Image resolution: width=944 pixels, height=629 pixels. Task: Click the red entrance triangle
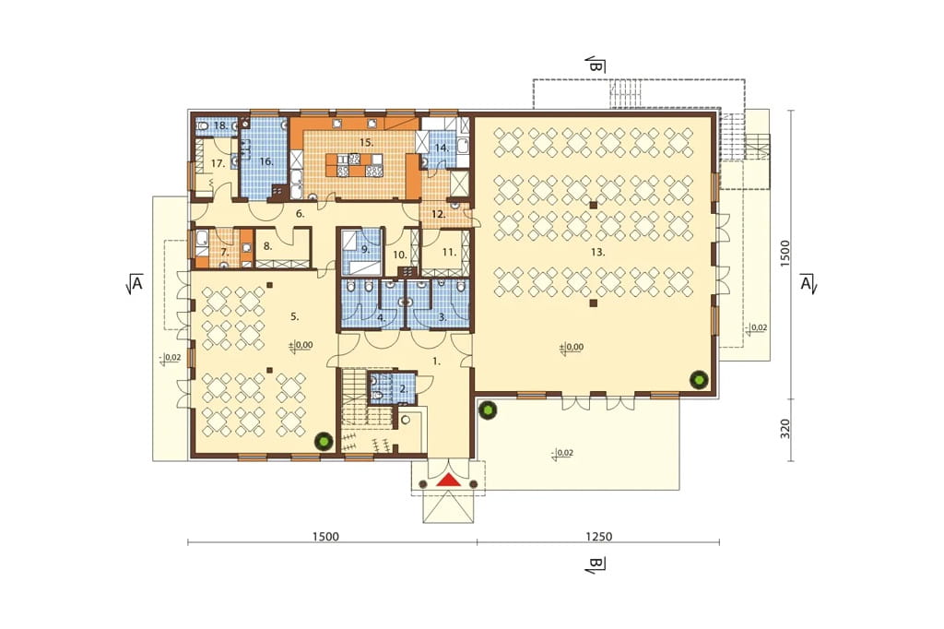click(448, 480)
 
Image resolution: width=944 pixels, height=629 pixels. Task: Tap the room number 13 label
click(597, 253)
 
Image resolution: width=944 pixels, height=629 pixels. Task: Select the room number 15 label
click(366, 143)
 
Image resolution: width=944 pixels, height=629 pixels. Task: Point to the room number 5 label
click(294, 316)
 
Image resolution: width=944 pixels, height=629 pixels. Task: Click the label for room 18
click(220, 126)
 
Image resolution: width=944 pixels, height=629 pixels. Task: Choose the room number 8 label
click(268, 246)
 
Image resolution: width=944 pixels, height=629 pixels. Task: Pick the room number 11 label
click(449, 253)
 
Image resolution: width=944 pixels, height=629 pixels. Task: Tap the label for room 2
click(404, 389)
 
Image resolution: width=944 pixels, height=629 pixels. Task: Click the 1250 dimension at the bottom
click(598, 536)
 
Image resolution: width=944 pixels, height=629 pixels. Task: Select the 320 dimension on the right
click(785, 429)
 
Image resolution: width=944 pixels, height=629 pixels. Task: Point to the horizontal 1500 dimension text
click(325, 536)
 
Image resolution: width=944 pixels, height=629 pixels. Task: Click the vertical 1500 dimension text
click(785, 254)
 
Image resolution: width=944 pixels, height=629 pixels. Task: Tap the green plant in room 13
click(699, 380)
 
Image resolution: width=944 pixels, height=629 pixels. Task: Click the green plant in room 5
click(324, 441)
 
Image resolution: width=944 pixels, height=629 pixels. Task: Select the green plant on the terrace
click(487, 410)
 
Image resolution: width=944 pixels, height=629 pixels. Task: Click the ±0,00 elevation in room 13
click(572, 348)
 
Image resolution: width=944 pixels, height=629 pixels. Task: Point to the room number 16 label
click(266, 161)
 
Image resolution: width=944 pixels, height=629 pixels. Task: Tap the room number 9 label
click(365, 248)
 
